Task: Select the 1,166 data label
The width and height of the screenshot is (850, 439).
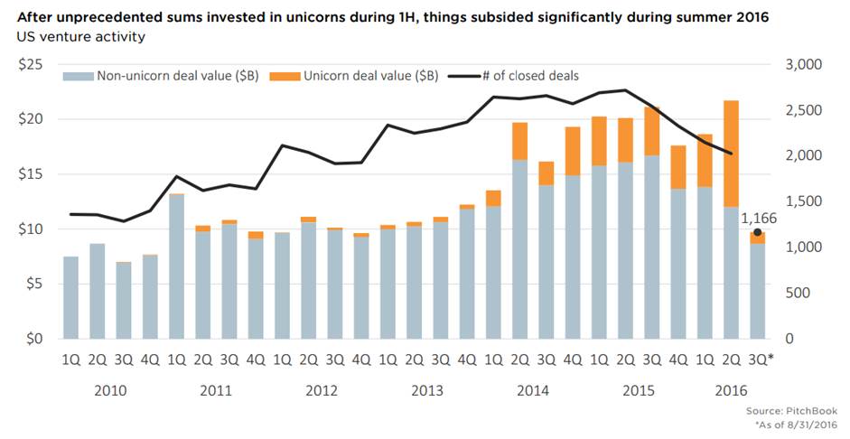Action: pyautogui.click(x=757, y=218)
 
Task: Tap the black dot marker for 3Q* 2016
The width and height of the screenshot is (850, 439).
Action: pyautogui.click(x=757, y=232)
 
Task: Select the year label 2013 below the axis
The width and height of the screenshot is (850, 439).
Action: pyautogui.click(x=427, y=390)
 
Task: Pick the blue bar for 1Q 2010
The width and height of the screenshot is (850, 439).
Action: pyautogui.click(x=70, y=298)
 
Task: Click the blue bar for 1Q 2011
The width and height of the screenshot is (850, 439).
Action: pyautogui.click(x=177, y=266)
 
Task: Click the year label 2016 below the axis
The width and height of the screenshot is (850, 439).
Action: pyautogui.click(x=732, y=390)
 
